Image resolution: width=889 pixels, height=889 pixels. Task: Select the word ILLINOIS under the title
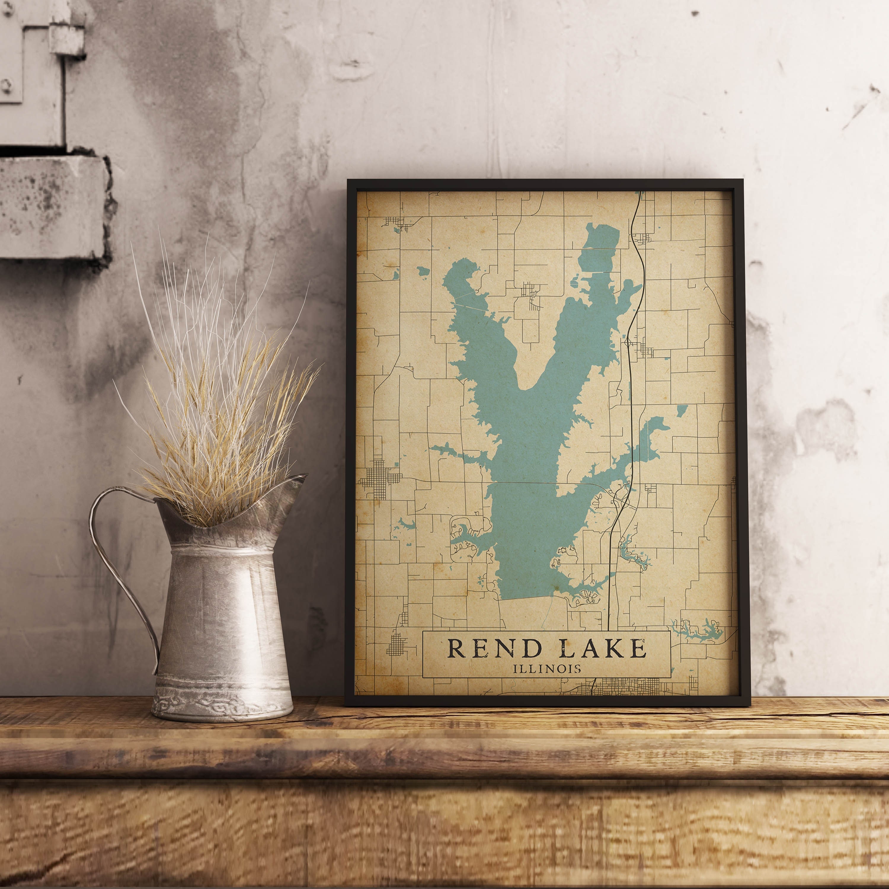click(x=547, y=668)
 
